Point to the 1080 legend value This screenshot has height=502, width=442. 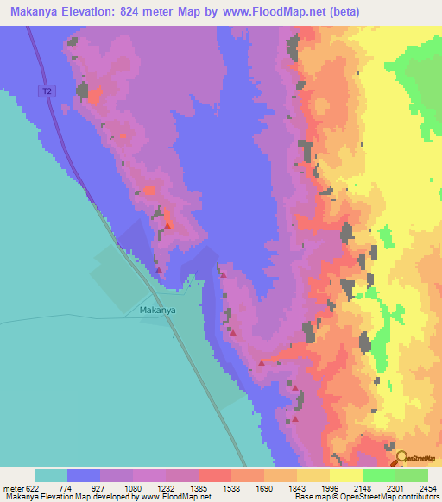[149, 487]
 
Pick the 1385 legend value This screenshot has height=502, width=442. [215, 487]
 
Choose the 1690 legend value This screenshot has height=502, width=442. [281, 487]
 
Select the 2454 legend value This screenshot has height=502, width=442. [427, 487]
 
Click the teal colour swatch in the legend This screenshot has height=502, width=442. [51, 475]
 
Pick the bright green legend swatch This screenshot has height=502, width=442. [378, 475]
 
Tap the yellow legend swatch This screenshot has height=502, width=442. [345, 475]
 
